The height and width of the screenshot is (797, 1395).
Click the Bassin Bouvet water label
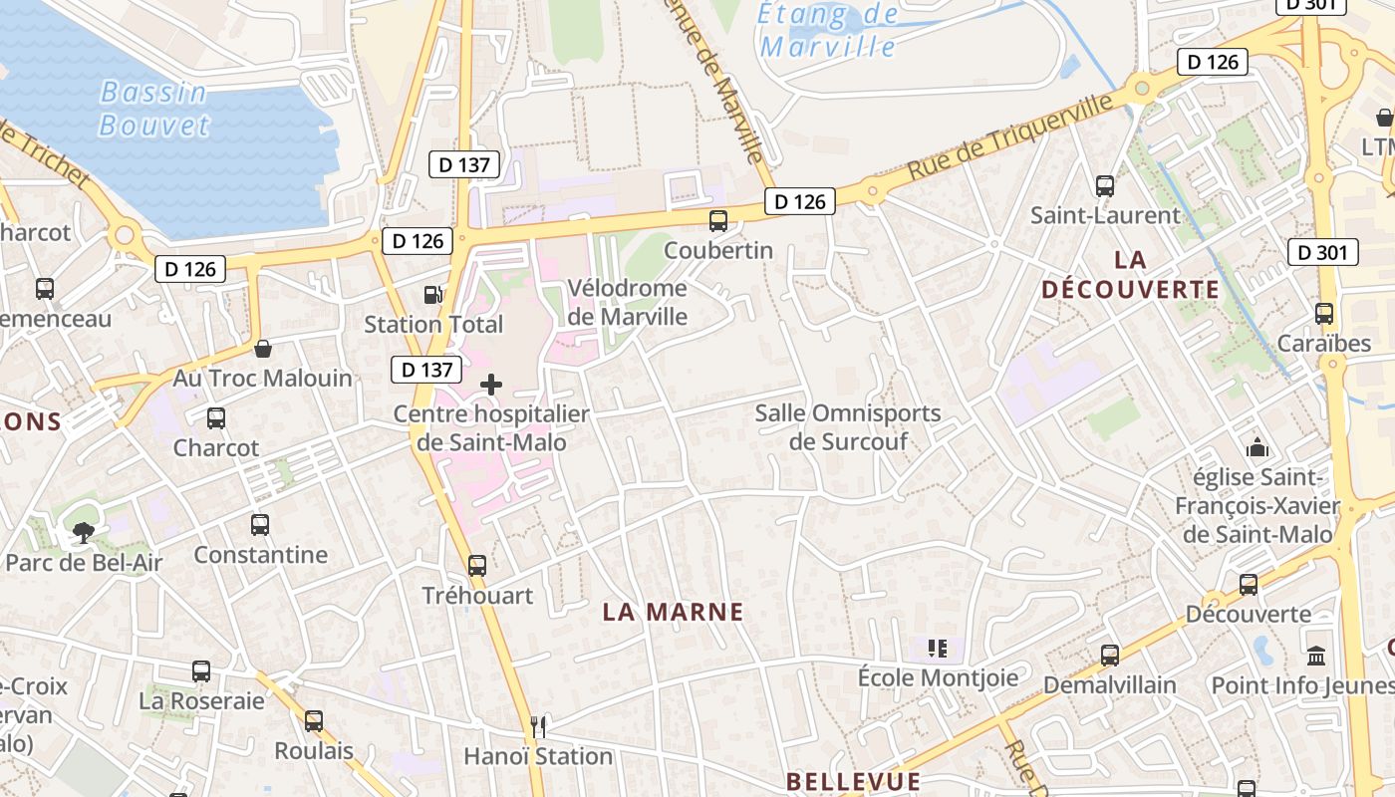tap(154, 109)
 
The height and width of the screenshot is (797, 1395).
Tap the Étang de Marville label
tap(828, 30)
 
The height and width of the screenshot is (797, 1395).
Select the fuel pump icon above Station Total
tap(432, 295)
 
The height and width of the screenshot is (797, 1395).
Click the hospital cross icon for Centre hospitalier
tap(491, 385)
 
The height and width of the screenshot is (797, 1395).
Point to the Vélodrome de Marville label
tap(627, 302)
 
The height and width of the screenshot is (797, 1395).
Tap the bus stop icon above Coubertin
tap(717, 221)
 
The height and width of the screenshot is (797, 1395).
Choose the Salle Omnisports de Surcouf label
tap(848, 426)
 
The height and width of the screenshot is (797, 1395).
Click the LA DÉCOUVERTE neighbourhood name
tap(1130, 275)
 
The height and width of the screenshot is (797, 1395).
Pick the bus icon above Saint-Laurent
tap(1104, 186)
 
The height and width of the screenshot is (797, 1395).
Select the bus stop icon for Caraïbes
tap(1324, 314)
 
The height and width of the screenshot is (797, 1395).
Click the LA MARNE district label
tap(673, 612)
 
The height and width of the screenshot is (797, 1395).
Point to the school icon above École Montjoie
tap(937, 650)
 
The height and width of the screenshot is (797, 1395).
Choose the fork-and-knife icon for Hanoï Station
tap(538, 726)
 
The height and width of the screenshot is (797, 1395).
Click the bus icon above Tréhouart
tap(477, 566)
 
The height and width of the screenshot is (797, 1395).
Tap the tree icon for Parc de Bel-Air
tap(84, 533)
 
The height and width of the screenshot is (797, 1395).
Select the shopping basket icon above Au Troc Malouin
tap(263, 349)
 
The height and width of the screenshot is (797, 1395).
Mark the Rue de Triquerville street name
tap(1008, 137)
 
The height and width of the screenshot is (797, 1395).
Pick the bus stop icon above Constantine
tap(260, 525)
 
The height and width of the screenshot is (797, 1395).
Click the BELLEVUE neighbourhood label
tap(852, 781)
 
